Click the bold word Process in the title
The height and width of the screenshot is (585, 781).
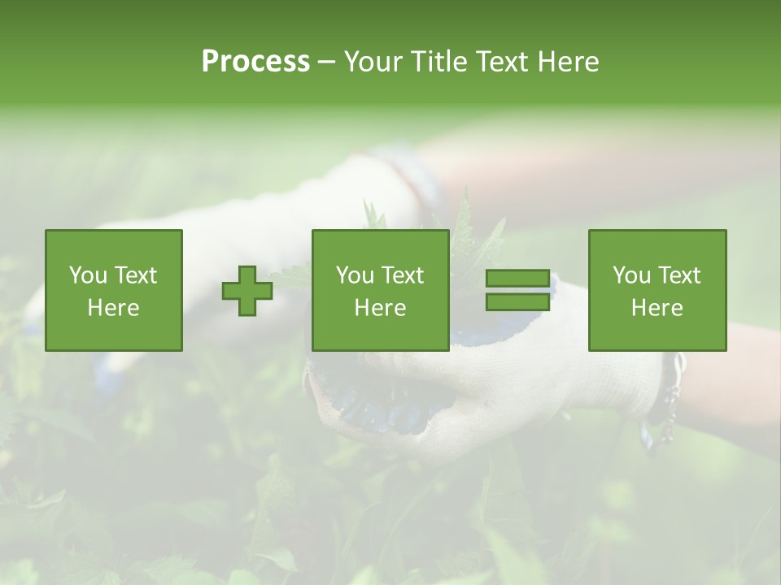pos(255,62)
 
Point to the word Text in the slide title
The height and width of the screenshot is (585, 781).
pos(505,62)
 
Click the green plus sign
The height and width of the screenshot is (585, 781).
pos(247,291)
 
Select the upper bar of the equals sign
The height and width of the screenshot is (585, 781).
pos(517,279)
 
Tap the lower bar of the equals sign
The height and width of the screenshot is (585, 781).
pos(517,302)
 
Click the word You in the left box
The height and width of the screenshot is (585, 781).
pos(87,275)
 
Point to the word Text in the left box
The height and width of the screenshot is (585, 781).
pos(135,275)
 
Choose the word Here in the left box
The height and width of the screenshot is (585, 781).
pos(113,308)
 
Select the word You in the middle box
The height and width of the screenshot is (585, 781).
pos(354,275)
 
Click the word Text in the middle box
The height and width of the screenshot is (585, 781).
pos(402,275)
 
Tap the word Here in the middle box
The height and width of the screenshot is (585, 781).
pos(380,308)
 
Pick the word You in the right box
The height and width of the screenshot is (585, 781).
pos(630,275)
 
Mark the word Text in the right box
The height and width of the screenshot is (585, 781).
pos(678,275)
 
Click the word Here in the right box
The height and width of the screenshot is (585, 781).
pos(657,308)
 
